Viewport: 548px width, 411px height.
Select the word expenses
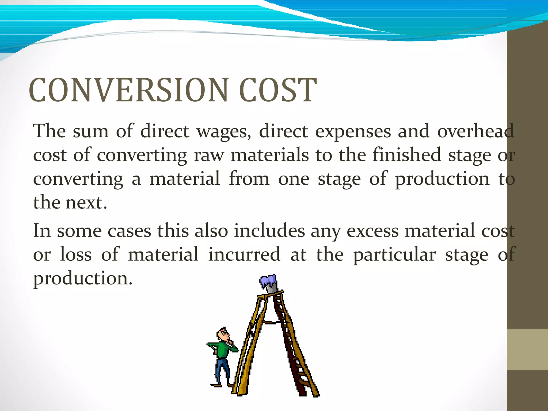(353, 132)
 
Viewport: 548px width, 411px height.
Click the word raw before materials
(209, 155)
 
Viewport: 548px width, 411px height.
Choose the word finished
(406, 155)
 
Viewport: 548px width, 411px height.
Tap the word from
(249, 179)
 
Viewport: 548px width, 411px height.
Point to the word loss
(76, 254)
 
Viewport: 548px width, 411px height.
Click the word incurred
(244, 254)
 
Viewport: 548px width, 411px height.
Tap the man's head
(223, 334)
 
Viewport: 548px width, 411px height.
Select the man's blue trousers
(222, 369)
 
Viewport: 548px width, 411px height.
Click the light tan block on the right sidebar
(527, 349)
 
